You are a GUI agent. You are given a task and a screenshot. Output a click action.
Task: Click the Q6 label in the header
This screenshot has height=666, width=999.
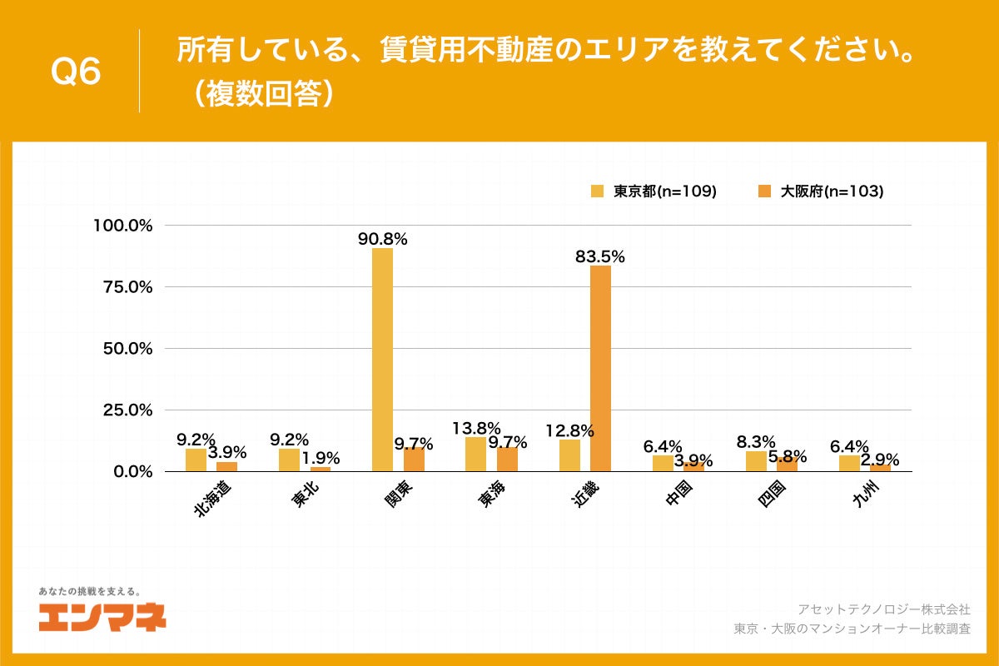click(x=76, y=72)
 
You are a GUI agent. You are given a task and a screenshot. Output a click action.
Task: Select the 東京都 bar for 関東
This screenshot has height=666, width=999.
click(x=382, y=360)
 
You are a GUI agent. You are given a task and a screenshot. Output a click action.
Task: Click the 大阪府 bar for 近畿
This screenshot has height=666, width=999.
click(x=600, y=368)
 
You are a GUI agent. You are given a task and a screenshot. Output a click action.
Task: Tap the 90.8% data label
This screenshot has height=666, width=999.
click(x=382, y=239)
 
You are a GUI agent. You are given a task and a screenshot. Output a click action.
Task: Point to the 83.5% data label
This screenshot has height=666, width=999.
click(x=599, y=257)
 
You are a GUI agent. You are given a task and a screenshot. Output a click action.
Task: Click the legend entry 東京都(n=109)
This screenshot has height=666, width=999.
click(x=654, y=191)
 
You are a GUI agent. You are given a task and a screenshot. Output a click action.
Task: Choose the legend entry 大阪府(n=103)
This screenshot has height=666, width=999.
click(x=820, y=191)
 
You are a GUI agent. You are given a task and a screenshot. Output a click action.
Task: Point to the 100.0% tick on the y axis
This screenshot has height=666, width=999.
click(x=122, y=226)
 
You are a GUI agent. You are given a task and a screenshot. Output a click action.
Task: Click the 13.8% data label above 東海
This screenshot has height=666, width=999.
click(x=475, y=428)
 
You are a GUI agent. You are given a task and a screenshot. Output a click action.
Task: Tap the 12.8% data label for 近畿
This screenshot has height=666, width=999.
click(x=569, y=430)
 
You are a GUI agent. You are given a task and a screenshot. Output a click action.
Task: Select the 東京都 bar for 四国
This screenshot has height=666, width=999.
click(x=756, y=461)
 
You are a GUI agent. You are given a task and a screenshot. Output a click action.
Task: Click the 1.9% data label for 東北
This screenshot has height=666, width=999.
click(x=320, y=458)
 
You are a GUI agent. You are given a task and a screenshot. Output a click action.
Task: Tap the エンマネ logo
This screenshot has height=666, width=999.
click(x=102, y=617)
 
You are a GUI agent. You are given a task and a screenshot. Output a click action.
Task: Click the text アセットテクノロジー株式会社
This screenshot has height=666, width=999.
click(x=883, y=609)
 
